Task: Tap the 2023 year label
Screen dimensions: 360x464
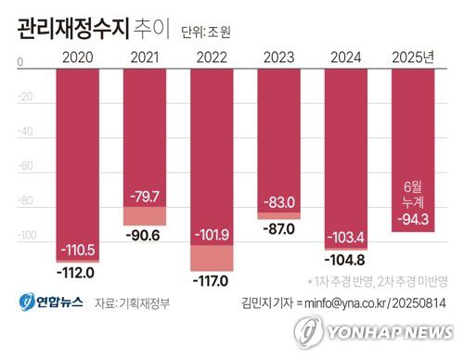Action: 281,58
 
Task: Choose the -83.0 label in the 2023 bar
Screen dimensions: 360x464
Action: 281,201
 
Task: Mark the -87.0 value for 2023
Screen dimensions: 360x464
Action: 281,228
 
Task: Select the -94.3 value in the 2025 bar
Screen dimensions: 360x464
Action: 413,219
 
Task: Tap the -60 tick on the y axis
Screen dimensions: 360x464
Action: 26,167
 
